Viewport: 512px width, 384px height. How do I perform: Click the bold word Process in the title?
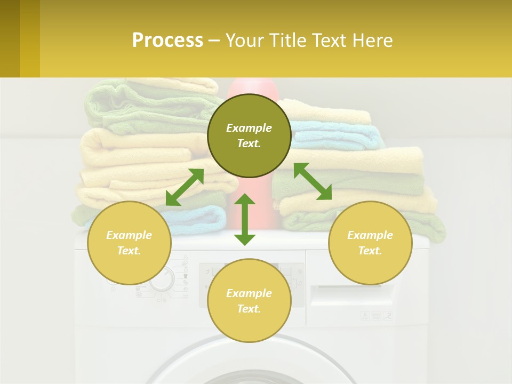coord(167,41)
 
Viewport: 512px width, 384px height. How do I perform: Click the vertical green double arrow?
coord(245,219)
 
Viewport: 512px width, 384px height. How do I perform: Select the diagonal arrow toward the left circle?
coord(185,187)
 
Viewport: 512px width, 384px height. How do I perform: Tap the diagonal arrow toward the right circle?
coord(313,181)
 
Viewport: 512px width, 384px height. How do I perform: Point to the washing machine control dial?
coord(161,279)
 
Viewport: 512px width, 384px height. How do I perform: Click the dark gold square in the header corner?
coord(10,38)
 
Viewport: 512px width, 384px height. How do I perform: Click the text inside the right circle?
coord(370,243)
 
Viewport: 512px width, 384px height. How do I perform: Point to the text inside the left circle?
coord(129,243)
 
